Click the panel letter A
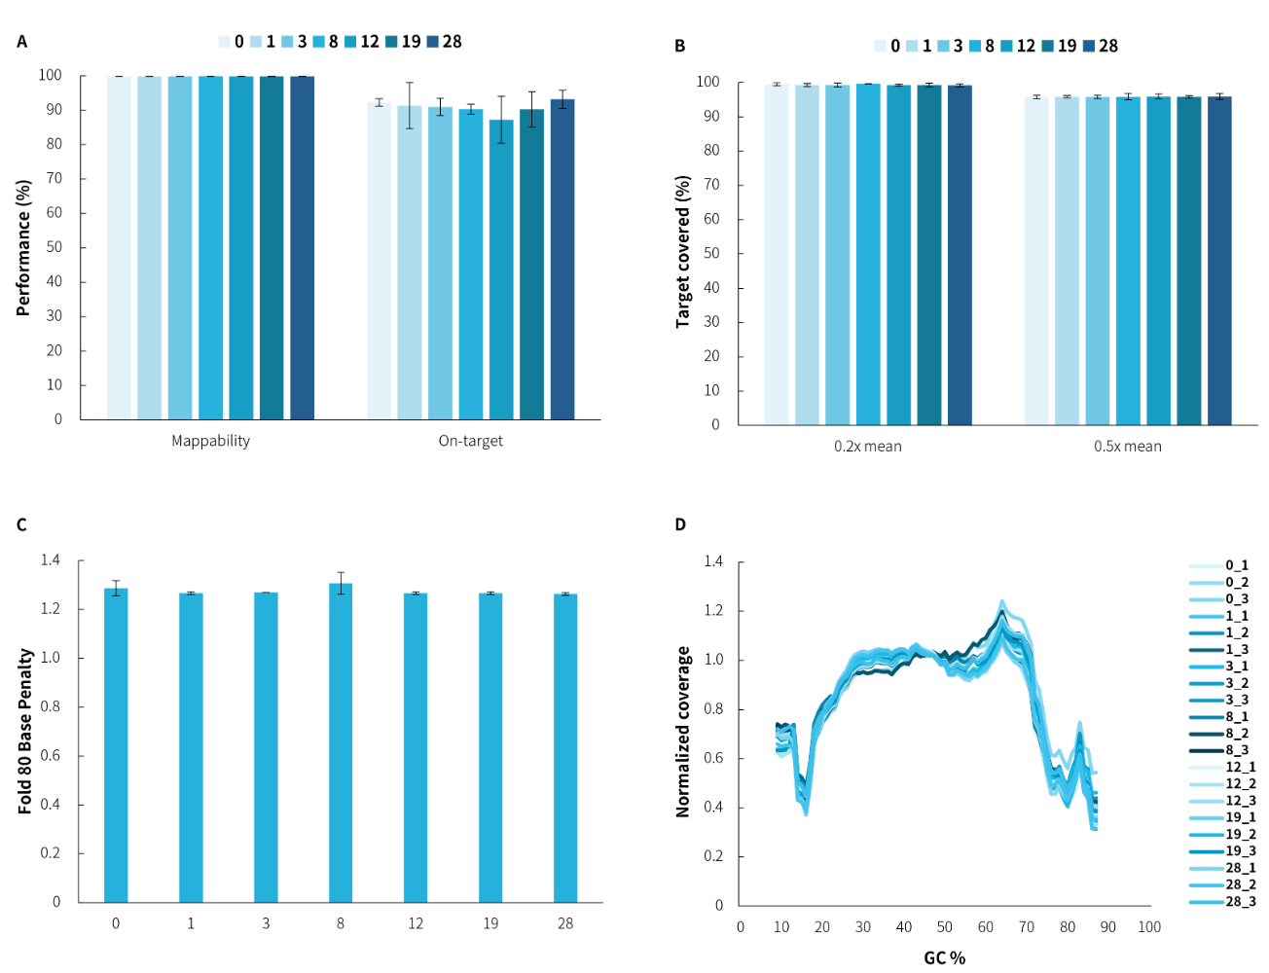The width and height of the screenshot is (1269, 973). point(22,42)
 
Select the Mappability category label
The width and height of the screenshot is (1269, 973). point(210,441)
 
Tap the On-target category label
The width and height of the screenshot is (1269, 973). point(470,441)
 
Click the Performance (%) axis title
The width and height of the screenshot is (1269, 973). point(24,247)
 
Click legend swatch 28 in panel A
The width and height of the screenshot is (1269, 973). point(433,42)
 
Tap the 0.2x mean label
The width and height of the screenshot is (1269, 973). point(867,447)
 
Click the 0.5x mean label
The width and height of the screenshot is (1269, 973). point(1127,447)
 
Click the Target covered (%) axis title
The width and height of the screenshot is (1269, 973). point(683,252)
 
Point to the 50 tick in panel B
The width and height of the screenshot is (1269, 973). point(711,253)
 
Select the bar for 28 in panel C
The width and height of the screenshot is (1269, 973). point(565,747)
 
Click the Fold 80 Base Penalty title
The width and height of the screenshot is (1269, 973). point(25,731)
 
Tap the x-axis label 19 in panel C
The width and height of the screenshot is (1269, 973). point(490,923)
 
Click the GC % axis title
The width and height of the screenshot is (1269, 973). point(944,958)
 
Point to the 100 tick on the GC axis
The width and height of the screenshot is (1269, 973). point(1148,927)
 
